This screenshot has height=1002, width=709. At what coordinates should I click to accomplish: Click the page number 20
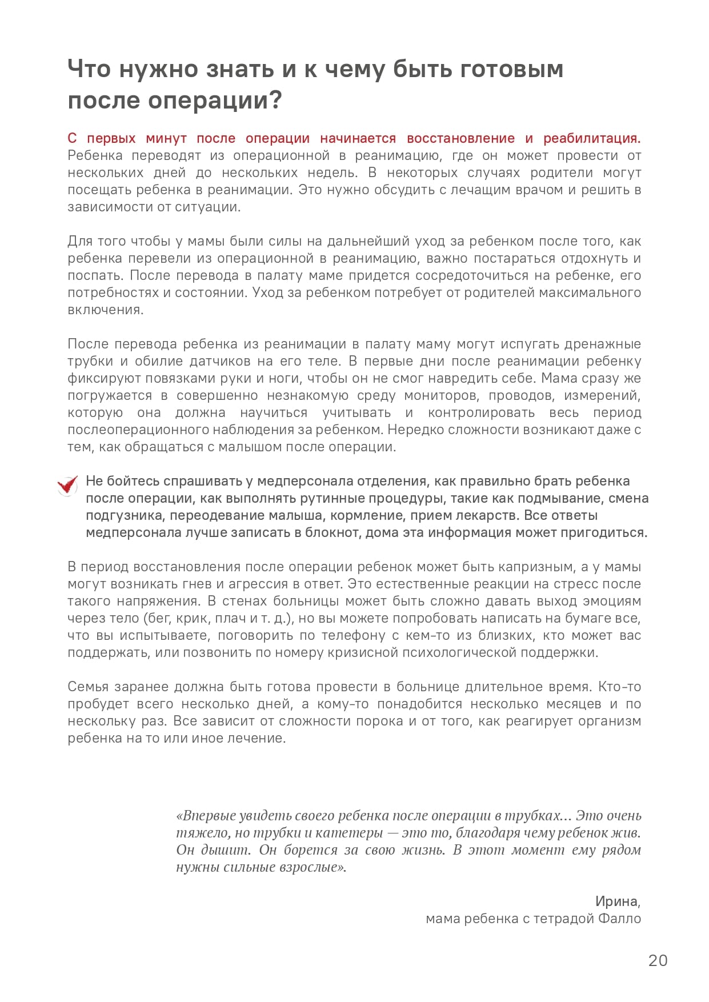658,960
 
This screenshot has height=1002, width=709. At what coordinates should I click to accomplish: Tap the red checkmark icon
67,486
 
